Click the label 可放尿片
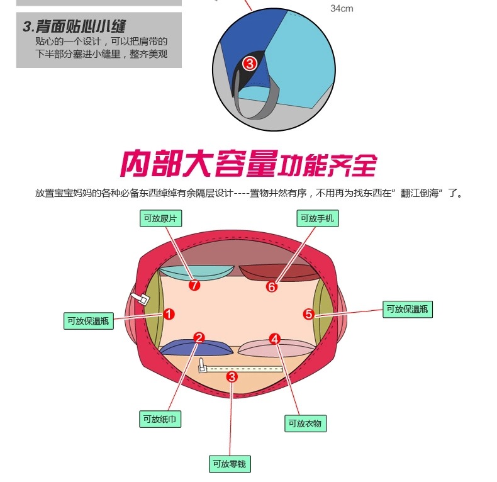click(x=159, y=218)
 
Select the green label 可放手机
click(x=317, y=218)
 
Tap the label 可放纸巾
click(x=160, y=418)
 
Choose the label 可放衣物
click(x=305, y=423)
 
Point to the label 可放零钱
click(x=230, y=464)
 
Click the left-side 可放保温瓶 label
click(x=89, y=321)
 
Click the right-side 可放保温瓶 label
click(x=408, y=309)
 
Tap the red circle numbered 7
click(x=194, y=285)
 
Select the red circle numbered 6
click(x=272, y=287)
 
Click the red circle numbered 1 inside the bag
click(x=169, y=314)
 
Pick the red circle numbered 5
click(x=308, y=314)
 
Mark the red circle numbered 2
click(x=199, y=338)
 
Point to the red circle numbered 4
click(x=274, y=339)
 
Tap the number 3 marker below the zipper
click(x=232, y=377)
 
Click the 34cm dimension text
click(x=342, y=9)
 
